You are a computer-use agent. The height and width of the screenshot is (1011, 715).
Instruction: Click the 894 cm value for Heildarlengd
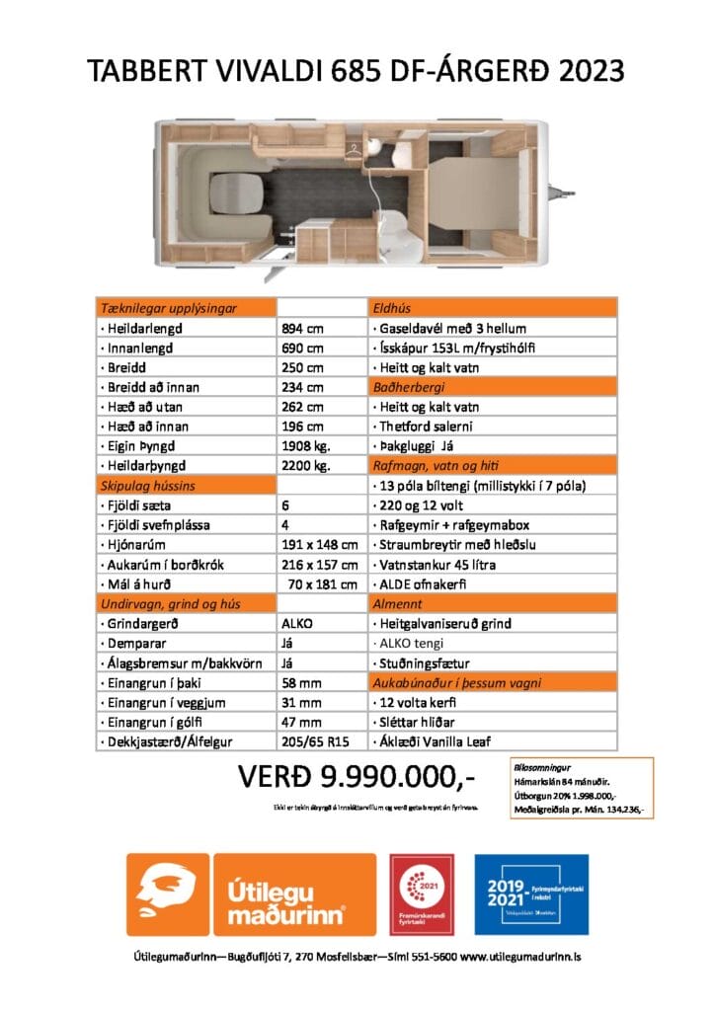click(304, 328)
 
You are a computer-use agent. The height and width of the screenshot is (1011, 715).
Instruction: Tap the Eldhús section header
click(389, 308)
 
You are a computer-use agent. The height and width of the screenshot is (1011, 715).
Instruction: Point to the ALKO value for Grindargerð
click(297, 624)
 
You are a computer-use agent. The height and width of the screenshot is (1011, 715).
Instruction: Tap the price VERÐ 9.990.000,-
click(357, 778)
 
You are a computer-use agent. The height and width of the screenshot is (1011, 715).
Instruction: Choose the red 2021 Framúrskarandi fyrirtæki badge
click(423, 894)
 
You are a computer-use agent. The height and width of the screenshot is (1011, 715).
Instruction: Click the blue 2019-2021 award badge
click(531, 894)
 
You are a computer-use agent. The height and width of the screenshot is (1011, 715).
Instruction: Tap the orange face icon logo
click(167, 894)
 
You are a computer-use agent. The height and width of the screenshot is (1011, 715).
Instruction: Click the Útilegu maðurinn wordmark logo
click(295, 894)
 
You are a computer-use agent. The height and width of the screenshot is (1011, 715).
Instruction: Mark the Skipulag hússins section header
click(147, 486)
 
